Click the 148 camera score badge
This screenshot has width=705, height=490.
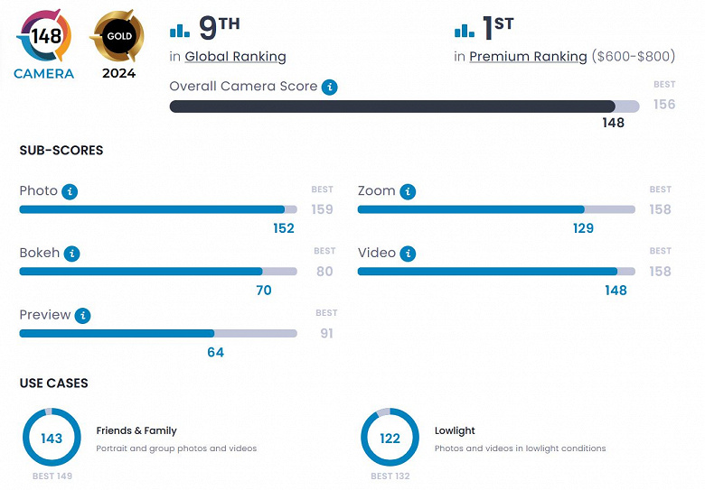pyautogui.click(x=44, y=37)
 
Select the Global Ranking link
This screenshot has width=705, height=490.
pyautogui.click(x=235, y=57)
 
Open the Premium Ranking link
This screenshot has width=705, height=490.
pyautogui.click(x=528, y=57)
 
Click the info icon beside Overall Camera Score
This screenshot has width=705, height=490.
pyautogui.click(x=330, y=87)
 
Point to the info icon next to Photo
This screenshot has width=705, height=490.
pyautogui.click(x=70, y=191)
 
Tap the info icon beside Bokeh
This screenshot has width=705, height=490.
pyautogui.click(x=72, y=254)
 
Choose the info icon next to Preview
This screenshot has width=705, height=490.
pyautogui.click(x=83, y=315)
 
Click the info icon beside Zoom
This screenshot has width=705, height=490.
pyautogui.click(x=408, y=191)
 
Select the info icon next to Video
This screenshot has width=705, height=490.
pyautogui.click(x=409, y=254)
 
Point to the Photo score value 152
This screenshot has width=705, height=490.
pyautogui.click(x=284, y=228)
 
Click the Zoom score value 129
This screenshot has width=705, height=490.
pyautogui.click(x=583, y=228)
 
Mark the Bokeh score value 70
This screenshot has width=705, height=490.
pyautogui.click(x=263, y=291)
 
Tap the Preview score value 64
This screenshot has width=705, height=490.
pyautogui.click(x=215, y=352)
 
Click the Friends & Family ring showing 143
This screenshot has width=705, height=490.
pyautogui.click(x=52, y=438)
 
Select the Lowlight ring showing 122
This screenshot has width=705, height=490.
pyautogui.click(x=390, y=438)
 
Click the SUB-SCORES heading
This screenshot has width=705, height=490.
pyautogui.click(x=61, y=151)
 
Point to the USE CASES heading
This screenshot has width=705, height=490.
pyautogui.click(x=53, y=384)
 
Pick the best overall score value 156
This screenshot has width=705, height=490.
pyautogui.click(x=664, y=104)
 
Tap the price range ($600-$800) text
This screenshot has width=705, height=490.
pyautogui.click(x=633, y=57)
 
